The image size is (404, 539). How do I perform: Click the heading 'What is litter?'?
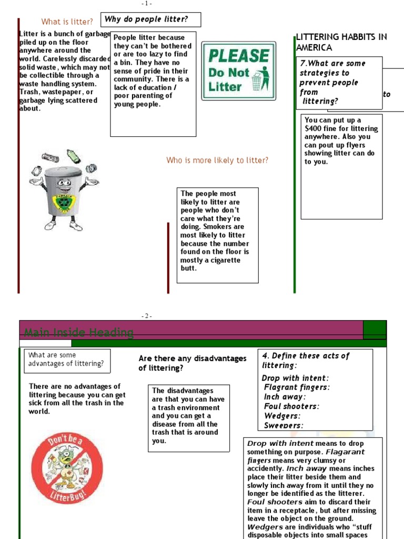pos(67,22)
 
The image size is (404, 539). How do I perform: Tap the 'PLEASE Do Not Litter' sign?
pos(238,71)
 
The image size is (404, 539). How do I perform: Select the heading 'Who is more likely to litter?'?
pos(217,160)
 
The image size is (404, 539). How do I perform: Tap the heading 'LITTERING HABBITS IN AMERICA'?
pos(341,42)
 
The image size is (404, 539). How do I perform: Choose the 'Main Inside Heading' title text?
pos(79,333)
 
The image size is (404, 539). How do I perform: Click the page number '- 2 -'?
pos(147,316)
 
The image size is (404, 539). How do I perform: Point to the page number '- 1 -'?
pos(147,4)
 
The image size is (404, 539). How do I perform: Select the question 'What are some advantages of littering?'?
pos(66,360)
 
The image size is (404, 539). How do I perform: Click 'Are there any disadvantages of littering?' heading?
pos(192,363)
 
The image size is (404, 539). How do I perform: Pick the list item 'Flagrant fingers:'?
pos(297,387)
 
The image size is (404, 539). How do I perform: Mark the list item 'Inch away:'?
pos(285,397)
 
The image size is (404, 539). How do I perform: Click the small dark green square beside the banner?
pos(375,330)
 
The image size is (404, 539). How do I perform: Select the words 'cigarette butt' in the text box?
pos(210,264)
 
